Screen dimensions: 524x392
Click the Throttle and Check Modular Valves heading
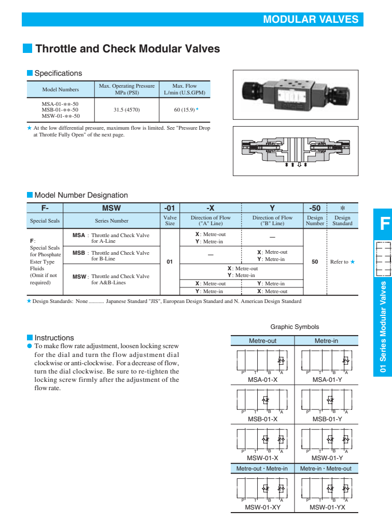[128, 49]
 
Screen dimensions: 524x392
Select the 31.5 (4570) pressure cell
[127, 110]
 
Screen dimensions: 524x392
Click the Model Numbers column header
[60, 89]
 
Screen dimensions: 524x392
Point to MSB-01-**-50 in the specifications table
[60, 109]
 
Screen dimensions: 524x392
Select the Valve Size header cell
[170, 221]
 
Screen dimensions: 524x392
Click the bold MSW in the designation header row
[111, 208]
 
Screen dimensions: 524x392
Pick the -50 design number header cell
[315, 208]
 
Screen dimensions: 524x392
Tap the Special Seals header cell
[45, 221]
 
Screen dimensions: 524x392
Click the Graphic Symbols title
[295, 327]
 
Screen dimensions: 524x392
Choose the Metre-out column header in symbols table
[262, 341]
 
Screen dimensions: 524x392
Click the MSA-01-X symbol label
[262, 380]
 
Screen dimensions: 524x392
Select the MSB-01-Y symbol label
[327, 419]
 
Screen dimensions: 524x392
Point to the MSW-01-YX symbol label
[327, 507]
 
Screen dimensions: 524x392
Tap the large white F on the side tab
[384, 224]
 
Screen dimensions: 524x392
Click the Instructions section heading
[54, 338]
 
